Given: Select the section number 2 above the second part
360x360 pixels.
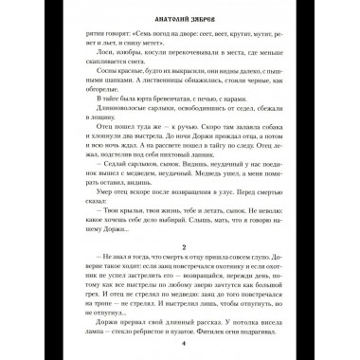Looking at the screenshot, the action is (180, 243).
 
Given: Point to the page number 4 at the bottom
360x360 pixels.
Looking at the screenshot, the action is (180, 344).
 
